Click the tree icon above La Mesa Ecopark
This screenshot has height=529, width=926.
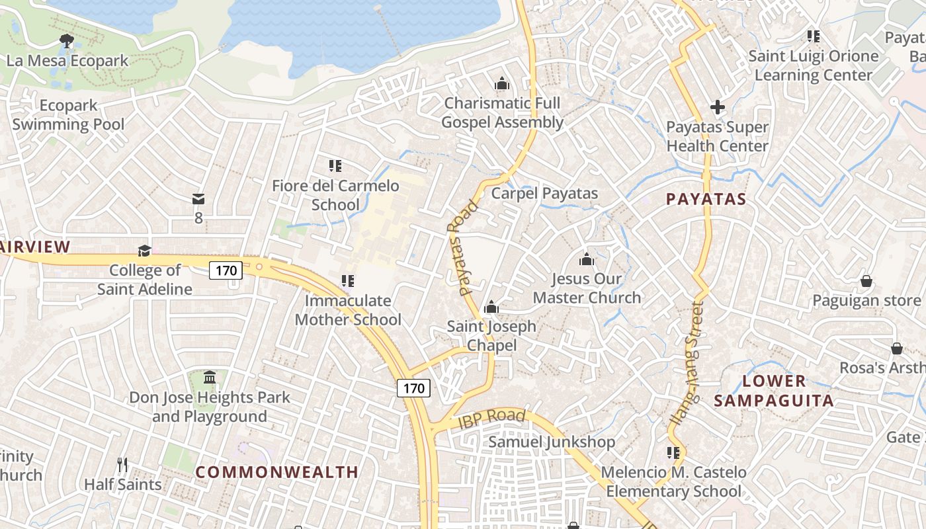click(66, 41)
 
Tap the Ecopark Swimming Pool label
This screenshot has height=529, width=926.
click(68, 115)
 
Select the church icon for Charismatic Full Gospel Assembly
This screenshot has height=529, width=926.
click(502, 84)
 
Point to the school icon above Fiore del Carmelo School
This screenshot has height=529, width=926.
click(335, 165)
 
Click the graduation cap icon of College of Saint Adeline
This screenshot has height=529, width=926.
click(144, 251)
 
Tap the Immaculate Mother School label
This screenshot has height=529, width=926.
click(348, 310)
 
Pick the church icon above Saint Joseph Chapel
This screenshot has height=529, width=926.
click(491, 307)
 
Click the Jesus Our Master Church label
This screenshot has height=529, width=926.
click(587, 288)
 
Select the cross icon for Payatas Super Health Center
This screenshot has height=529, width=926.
click(717, 106)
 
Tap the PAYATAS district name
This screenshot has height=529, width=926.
click(706, 199)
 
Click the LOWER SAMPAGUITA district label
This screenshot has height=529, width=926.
click(774, 391)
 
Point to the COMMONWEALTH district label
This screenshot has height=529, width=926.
click(277, 472)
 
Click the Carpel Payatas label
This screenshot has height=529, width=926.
click(544, 193)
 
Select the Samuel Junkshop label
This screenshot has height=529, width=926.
click(552, 442)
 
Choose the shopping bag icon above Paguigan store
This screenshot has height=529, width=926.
click(866, 282)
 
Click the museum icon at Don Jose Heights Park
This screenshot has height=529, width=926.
click(210, 378)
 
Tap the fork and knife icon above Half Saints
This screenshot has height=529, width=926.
click(122, 465)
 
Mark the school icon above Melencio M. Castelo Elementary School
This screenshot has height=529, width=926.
click(673, 453)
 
